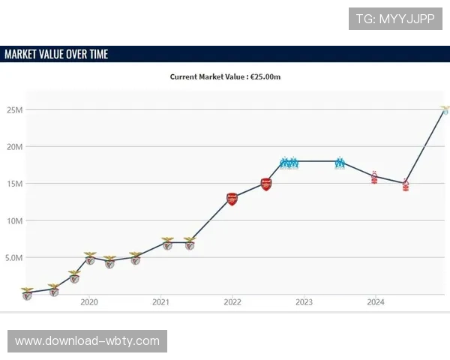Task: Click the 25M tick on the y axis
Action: pos(14,110)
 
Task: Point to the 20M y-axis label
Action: pos(14,147)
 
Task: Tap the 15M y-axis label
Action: pos(14,184)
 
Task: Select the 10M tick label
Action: pos(14,220)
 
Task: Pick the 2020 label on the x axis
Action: pos(88,302)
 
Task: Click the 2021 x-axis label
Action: pos(160,302)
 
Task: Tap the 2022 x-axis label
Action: pos(232,302)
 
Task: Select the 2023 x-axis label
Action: pos(304,302)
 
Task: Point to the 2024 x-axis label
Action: pos(376,302)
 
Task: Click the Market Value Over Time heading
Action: pos(56,54)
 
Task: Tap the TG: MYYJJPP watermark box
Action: pos(395,19)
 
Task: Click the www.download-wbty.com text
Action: pos(87,341)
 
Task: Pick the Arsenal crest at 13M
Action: pos(232,199)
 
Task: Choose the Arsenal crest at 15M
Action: pos(266,184)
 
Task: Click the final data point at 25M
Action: pos(445,110)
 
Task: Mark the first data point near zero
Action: pos(27,293)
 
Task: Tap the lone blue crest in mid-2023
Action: pos(340,162)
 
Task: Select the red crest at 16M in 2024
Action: pos(374,177)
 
